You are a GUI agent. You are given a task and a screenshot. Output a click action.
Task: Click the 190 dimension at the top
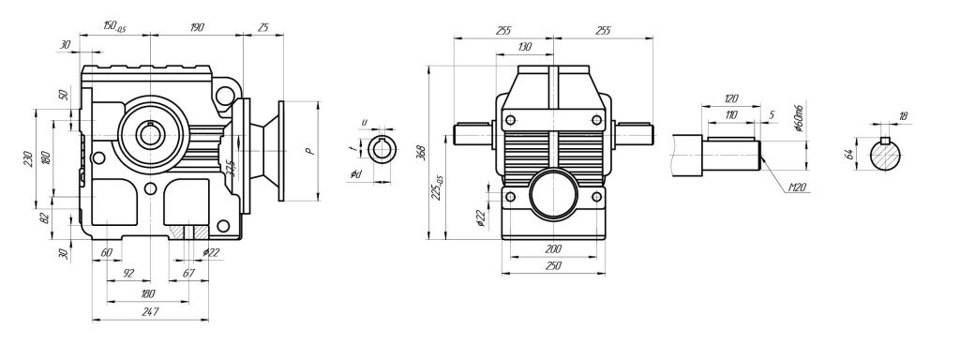click(198, 28)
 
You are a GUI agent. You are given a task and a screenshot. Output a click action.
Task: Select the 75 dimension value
click(263, 28)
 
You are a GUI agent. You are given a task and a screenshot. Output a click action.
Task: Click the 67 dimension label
click(187, 274)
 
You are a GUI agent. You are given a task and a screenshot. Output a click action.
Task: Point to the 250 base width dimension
click(553, 266)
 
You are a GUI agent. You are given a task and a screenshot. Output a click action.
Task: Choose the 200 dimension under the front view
click(553, 249)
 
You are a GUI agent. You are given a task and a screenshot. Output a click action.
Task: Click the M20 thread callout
click(797, 188)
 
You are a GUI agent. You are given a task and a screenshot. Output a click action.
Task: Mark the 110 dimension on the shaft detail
click(730, 114)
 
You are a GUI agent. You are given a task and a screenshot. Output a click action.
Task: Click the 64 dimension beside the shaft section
click(849, 154)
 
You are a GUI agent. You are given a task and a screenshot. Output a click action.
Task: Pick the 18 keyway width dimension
click(903, 117)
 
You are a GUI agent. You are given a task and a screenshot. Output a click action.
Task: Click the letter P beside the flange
click(310, 149)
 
